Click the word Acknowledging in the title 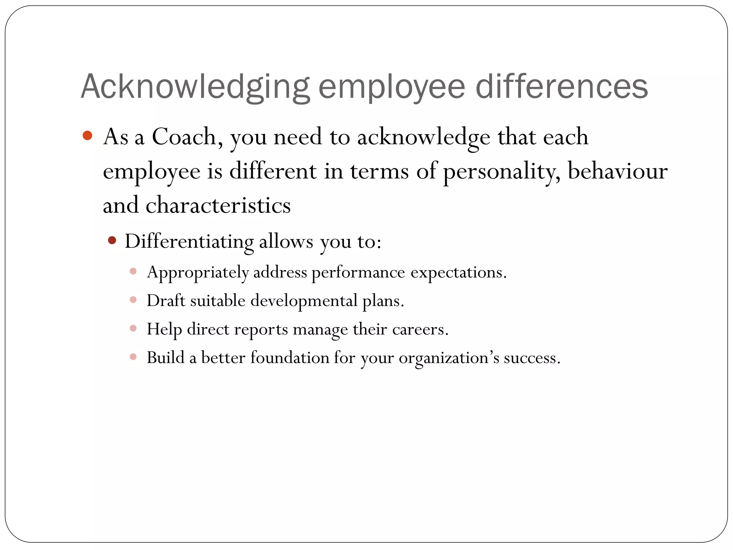pyautogui.click(x=195, y=87)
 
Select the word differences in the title pyautogui.click(x=562, y=87)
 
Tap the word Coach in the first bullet pyautogui.click(x=184, y=137)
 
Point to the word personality pyautogui.click(x=501, y=171)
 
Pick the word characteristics pyautogui.click(x=218, y=206)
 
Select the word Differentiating pyautogui.click(x=189, y=241)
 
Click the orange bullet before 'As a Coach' pyautogui.click(x=87, y=136)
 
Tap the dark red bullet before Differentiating pyautogui.click(x=112, y=240)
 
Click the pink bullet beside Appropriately pyautogui.click(x=133, y=271)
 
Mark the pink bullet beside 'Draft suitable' pyautogui.click(x=133, y=300)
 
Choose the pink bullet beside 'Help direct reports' pyautogui.click(x=133, y=328)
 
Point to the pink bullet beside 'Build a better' pyautogui.click(x=133, y=357)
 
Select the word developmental pyautogui.click(x=304, y=301)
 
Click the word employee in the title pyautogui.click(x=392, y=87)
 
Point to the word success pyautogui.click(x=532, y=358)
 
